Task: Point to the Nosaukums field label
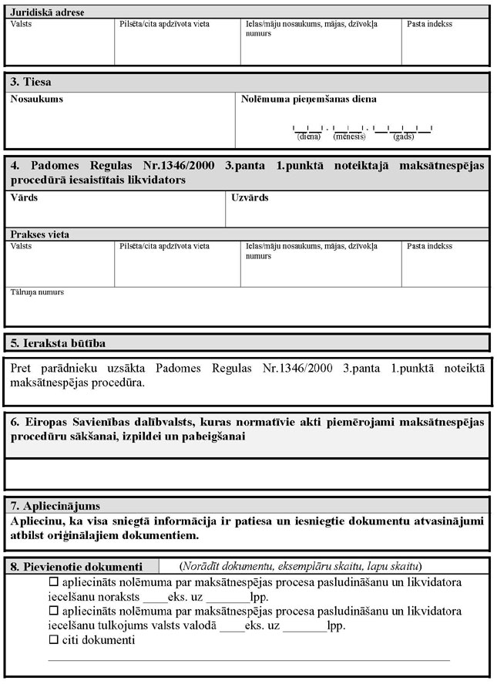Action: click(37, 99)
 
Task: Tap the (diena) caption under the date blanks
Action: click(308, 136)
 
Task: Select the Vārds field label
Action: click(24, 198)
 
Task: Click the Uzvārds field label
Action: click(250, 198)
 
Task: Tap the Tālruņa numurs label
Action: click(37, 292)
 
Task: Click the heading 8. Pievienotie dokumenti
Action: click(76, 564)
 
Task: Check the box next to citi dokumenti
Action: click(54, 640)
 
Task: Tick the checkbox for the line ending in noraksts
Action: click(54, 582)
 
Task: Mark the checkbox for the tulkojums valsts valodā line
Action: click(54, 612)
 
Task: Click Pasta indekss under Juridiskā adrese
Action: click(429, 24)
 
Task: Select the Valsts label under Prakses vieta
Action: click(22, 246)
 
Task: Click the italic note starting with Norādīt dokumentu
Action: click(301, 564)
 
